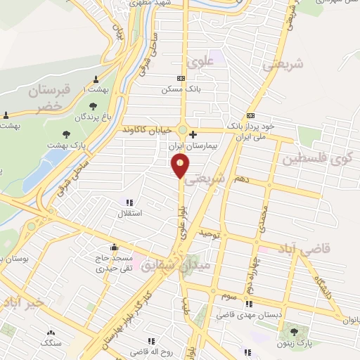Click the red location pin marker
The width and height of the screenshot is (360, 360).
181,167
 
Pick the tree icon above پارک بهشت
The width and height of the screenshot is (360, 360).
67,133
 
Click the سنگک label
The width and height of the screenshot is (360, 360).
50,344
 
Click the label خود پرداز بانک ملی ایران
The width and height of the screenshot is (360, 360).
259,128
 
